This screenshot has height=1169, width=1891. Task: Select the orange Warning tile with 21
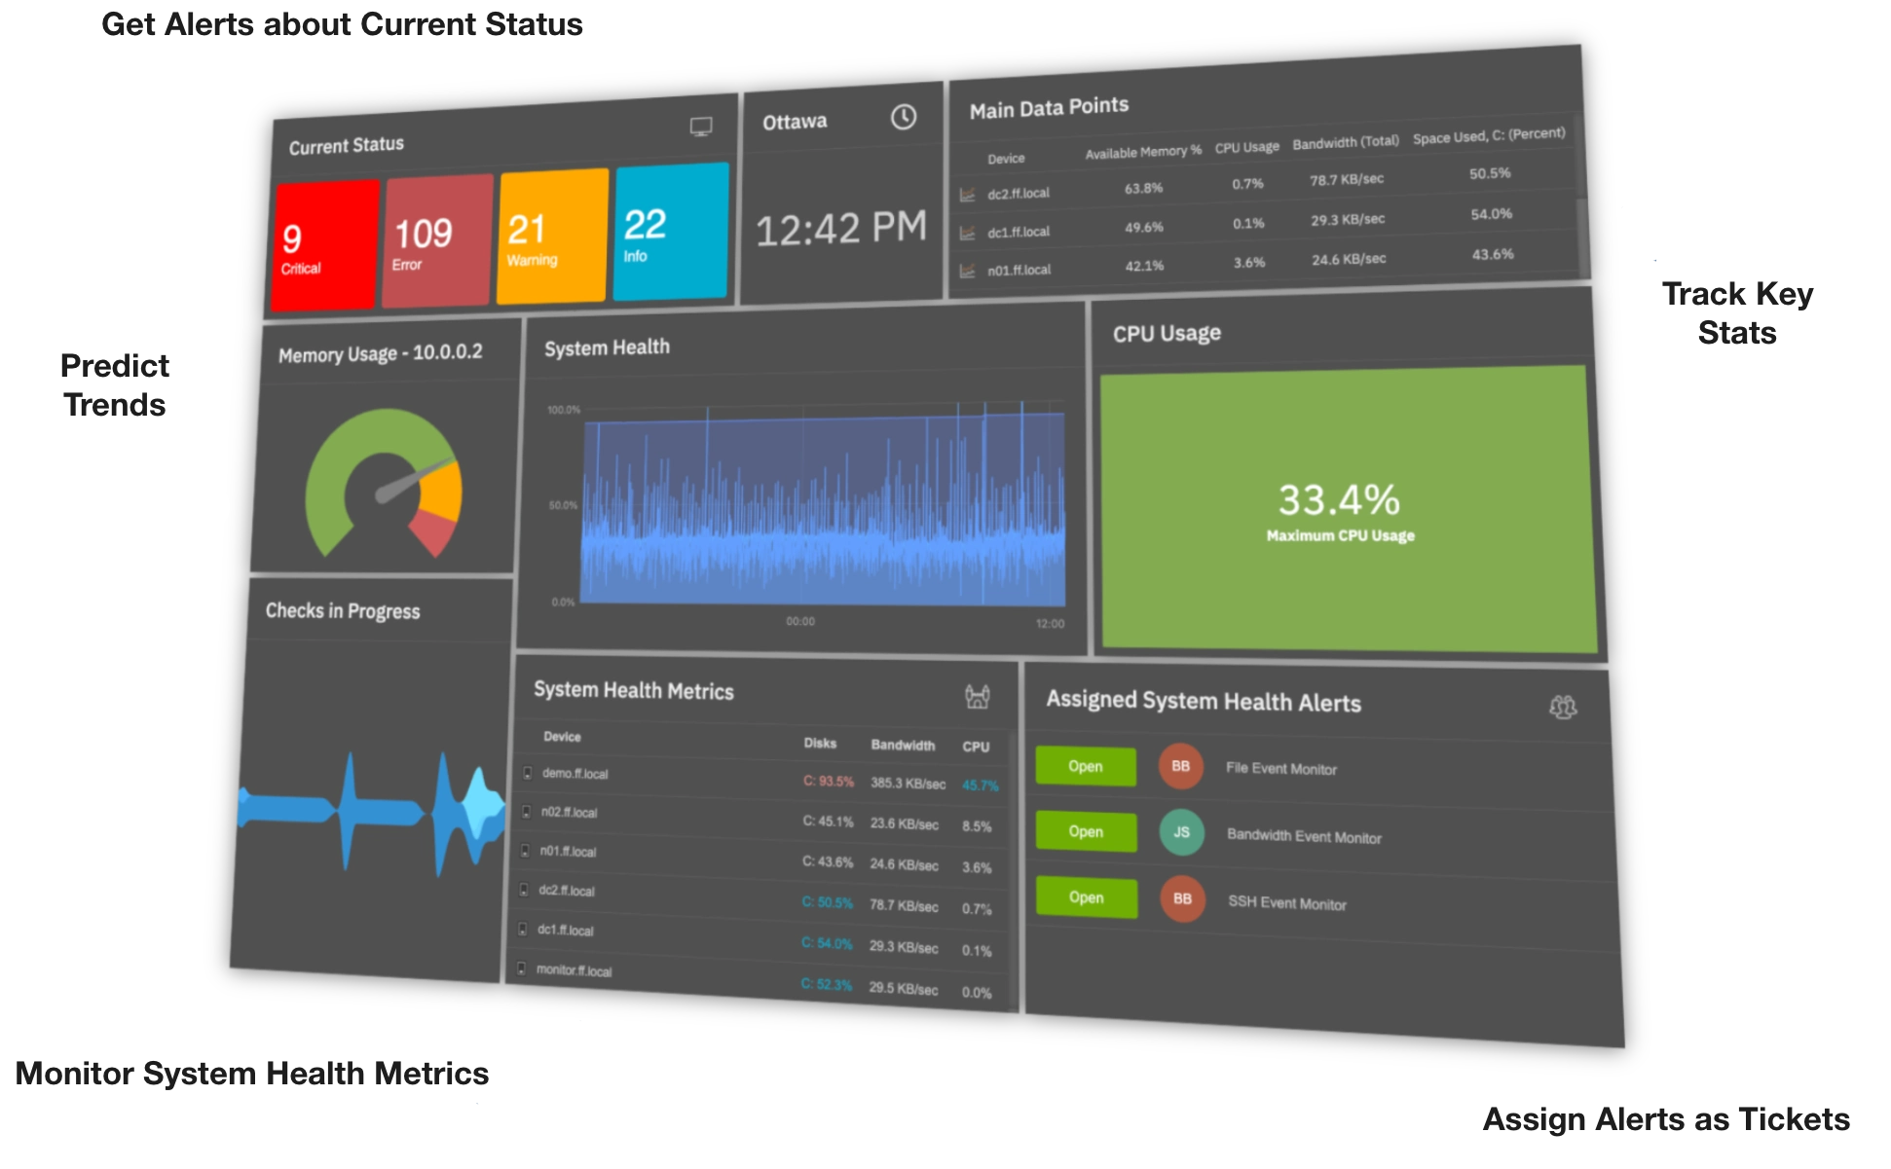click(552, 237)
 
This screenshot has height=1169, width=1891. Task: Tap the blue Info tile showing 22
click(671, 232)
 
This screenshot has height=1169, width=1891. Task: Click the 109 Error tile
click(437, 241)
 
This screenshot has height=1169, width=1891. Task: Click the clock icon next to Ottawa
click(904, 117)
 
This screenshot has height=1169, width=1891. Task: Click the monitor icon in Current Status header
click(701, 127)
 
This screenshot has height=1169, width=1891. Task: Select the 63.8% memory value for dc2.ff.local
click(1143, 188)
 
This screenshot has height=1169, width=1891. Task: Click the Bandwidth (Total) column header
click(1346, 142)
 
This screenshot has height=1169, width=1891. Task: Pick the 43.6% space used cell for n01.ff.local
click(1493, 254)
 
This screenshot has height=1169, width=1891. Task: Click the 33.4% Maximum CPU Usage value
click(1340, 500)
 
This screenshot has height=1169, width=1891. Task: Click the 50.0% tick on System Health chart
click(563, 505)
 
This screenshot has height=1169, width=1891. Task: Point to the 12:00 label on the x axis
click(1050, 623)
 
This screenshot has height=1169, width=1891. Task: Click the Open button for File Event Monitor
click(1086, 766)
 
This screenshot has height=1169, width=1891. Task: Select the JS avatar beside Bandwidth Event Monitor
click(1181, 832)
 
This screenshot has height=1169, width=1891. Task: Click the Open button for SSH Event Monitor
click(1087, 896)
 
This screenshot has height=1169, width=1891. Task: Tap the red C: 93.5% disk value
click(829, 782)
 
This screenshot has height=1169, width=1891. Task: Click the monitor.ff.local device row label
click(574, 970)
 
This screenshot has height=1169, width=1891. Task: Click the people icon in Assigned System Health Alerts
click(1563, 707)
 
